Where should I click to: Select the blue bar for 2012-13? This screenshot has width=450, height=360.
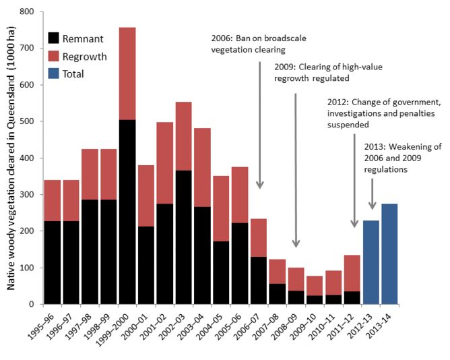[x=370, y=262]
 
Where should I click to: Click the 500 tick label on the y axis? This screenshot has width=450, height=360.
[x=28, y=121]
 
